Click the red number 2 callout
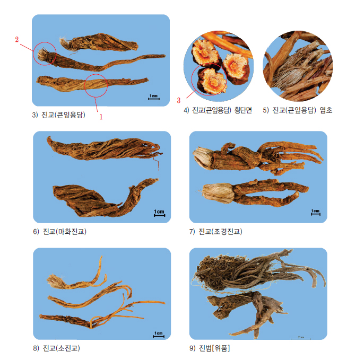pyautogui.click(x=17, y=39)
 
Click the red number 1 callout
pyautogui.click(x=101, y=117)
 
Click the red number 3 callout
pyautogui.click(x=178, y=100)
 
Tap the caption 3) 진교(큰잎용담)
pyautogui.click(x=59, y=115)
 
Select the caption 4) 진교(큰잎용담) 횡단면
pyautogui.click(x=218, y=110)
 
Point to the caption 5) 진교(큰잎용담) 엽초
pyautogui.click(x=297, y=110)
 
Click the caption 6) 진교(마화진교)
pyautogui.click(x=59, y=232)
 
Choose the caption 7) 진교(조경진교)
pyautogui.click(x=215, y=232)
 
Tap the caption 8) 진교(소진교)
pyautogui.click(x=56, y=348)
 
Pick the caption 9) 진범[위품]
pyautogui.click(x=210, y=348)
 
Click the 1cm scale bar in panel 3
pyautogui.click(x=154, y=98)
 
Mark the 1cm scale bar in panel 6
pyautogui.click(x=159, y=213)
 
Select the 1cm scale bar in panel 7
pyautogui.click(x=316, y=212)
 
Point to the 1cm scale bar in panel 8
pyautogui.click(x=159, y=335)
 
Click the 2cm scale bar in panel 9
pyautogui.click(x=301, y=338)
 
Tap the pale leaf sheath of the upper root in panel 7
pyautogui.click(x=202, y=158)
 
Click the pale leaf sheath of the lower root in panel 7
pyautogui.click(x=218, y=193)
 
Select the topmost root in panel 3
pyautogui.click(x=99, y=42)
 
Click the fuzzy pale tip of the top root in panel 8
pyautogui.click(x=56, y=281)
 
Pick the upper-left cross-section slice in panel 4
pyautogui.click(x=205, y=52)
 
